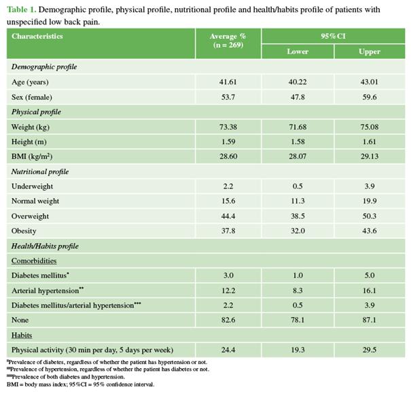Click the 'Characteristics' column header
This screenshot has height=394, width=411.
coord(37,36)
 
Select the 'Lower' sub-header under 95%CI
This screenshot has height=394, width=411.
coord(297,52)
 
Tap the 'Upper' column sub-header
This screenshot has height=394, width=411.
coord(369,52)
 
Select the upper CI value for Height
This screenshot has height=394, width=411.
coord(369,142)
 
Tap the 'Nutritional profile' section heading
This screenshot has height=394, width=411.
coord(40,172)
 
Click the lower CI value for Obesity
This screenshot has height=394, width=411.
coord(297,231)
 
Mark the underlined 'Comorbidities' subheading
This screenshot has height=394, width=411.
coord(34,261)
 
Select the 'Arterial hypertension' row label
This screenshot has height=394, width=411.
coord(46,291)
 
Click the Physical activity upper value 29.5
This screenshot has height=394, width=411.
coord(369,350)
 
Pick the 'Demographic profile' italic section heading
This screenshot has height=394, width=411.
coord(44,67)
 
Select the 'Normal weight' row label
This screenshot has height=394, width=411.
coord(35,201)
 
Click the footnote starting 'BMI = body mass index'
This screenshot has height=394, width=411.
coord(81,384)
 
